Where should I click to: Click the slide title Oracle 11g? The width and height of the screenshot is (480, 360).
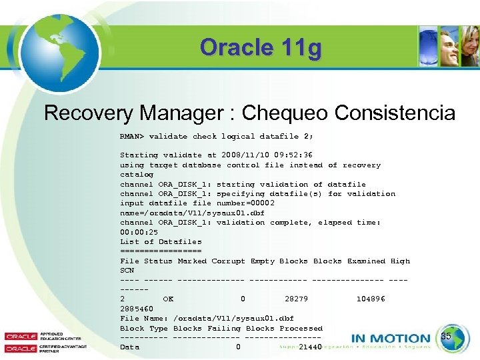[261, 48]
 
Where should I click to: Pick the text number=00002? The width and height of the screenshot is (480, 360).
[245, 203]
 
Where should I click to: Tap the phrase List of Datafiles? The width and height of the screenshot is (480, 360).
[161, 242]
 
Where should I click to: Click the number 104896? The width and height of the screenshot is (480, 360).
[371, 299]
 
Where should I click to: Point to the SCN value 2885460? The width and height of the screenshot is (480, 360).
[137, 309]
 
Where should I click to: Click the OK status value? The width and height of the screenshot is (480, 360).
[168, 299]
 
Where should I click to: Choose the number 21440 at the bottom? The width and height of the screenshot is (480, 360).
[311, 347]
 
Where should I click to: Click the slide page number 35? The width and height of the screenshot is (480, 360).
[447, 337]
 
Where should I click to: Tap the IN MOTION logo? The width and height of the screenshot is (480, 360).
[391, 339]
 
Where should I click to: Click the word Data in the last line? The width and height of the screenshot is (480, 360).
[129, 347]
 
